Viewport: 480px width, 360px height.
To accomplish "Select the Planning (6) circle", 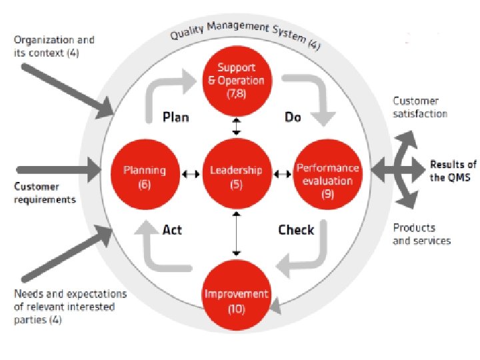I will (x=145, y=175).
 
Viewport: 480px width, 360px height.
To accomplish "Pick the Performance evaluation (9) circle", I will (x=327, y=175).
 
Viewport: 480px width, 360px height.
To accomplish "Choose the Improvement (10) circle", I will (x=236, y=299).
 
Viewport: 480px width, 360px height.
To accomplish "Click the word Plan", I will (x=176, y=117).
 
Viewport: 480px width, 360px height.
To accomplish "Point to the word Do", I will (x=293, y=117).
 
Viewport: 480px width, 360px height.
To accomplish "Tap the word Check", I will (x=296, y=230).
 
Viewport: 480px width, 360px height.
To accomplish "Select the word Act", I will (x=172, y=230).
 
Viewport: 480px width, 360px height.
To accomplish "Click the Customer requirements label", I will (x=45, y=193).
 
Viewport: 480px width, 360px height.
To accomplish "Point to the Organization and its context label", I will (x=54, y=46).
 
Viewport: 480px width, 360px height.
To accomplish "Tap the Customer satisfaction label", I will (x=420, y=107).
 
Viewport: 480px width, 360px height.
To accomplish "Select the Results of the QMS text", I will (x=453, y=171).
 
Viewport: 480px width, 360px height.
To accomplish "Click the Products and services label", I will (x=421, y=234).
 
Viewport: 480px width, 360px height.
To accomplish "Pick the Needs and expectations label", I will (x=71, y=306).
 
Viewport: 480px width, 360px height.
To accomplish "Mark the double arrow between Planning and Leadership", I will (x=191, y=175).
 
